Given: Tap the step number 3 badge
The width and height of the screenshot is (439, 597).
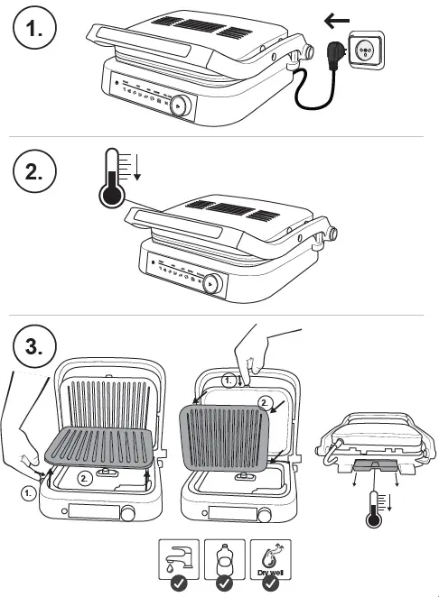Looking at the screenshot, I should click(x=34, y=344).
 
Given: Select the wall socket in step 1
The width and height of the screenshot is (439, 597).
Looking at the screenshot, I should click(x=366, y=51).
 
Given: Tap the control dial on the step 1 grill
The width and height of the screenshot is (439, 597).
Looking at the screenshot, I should click(x=181, y=105).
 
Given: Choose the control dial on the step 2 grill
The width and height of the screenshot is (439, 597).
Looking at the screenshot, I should click(x=212, y=283).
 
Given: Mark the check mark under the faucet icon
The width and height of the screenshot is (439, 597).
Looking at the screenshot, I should click(x=179, y=584).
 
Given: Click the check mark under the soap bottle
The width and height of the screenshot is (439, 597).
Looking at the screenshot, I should click(x=224, y=584).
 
